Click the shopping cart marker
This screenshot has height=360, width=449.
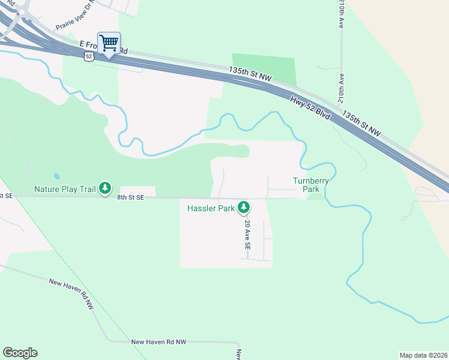[x=109, y=43]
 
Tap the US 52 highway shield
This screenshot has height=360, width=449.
[x=89, y=56]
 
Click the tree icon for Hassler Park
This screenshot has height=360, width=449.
[x=243, y=208]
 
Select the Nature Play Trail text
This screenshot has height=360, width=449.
[x=65, y=189]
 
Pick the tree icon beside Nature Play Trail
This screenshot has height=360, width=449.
[x=105, y=189]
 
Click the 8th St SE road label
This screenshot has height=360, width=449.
[x=131, y=197]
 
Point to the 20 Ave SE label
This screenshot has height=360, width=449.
[x=247, y=234]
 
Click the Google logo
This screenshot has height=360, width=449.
[x=20, y=353]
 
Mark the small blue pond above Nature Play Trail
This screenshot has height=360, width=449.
[x=56, y=177]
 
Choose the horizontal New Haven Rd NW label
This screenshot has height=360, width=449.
[x=160, y=341]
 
